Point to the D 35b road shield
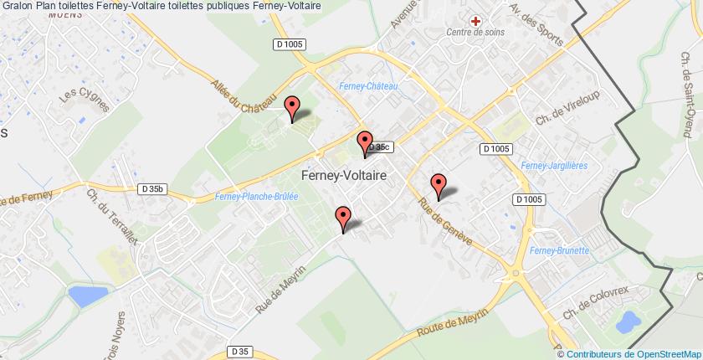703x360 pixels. [x=152, y=190]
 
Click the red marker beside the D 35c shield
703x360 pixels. [x=364, y=142]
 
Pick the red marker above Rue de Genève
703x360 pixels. [x=438, y=184]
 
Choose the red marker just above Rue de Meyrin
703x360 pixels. [x=342, y=218]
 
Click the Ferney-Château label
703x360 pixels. [x=368, y=86]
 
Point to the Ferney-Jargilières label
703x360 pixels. [x=544, y=167]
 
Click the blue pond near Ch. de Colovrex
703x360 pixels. [x=625, y=320]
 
